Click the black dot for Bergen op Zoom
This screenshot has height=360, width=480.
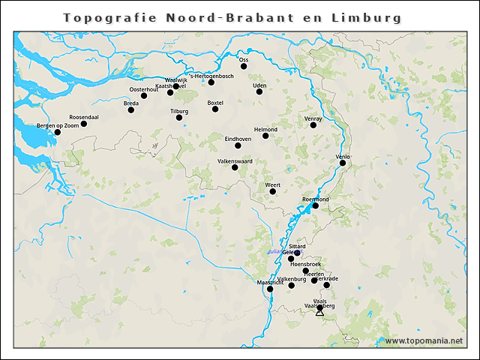click(57, 133)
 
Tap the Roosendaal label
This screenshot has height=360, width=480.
click(84, 118)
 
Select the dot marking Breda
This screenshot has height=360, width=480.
click(131, 110)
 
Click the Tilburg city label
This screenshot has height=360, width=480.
click(179, 111)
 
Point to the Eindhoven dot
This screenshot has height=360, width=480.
click(238, 145)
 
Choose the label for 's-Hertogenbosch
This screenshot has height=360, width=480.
click(212, 76)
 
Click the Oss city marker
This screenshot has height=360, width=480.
click(244, 67)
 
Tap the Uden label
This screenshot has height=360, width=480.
click(260, 85)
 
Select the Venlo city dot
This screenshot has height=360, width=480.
click(342, 163)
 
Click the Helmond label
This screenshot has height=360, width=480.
click(265, 130)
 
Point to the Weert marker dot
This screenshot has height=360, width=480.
click(273, 192)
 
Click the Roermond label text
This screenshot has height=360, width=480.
click(315, 199)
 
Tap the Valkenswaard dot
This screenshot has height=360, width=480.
click(235, 167)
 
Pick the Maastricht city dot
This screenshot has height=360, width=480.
click(270, 289)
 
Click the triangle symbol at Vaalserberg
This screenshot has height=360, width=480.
click(319, 311)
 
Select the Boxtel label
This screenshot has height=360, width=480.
click(215, 103)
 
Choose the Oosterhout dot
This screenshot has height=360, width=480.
click(144, 96)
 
